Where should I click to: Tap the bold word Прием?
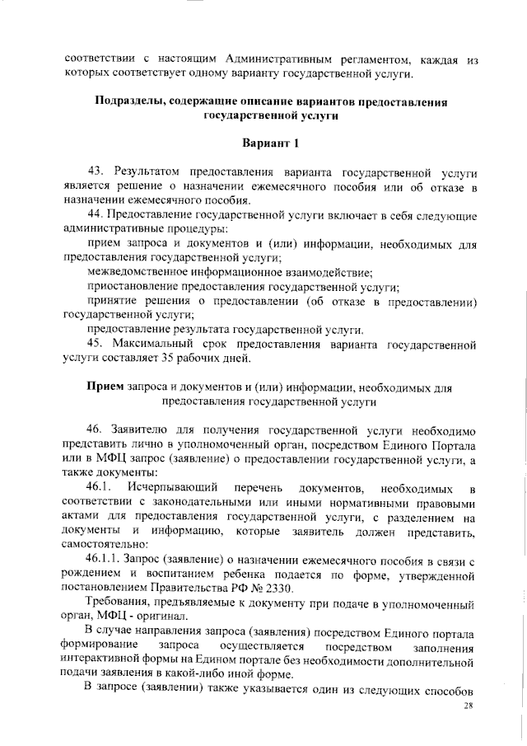click(105, 387)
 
